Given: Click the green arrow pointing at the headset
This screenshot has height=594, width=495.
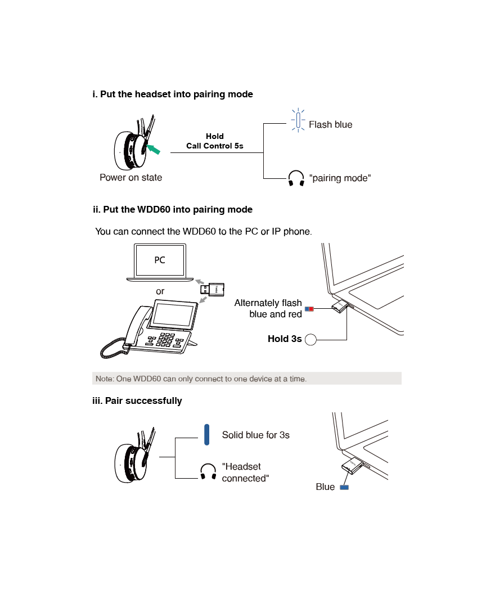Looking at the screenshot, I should tap(155, 149).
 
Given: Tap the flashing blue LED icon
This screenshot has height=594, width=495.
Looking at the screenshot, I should tap(298, 120).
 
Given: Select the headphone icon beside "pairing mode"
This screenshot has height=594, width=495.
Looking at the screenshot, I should tap(296, 179).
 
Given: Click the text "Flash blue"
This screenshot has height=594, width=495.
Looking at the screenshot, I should tap(331, 125).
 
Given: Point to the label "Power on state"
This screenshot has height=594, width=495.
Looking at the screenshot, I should tap(130, 178).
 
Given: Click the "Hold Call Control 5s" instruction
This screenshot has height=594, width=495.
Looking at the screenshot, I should tap(215, 141).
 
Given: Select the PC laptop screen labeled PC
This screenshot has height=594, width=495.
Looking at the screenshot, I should tap(160, 260).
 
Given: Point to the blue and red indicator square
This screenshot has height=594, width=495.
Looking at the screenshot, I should tap(309, 309).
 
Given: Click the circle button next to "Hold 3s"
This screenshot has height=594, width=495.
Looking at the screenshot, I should tap(310, 339).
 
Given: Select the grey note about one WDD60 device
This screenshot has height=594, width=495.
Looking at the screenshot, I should tap(247, 379).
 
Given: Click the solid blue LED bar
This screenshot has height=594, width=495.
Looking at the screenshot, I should tap(207, 435).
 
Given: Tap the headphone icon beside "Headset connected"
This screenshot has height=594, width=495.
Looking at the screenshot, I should tap(208, 472).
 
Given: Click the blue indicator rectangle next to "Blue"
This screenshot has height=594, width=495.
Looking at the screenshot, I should tap(344, 487).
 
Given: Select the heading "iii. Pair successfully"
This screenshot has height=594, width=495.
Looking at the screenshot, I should tap(137, 401).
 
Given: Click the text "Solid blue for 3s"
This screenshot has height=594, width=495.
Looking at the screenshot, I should tap(255, 435).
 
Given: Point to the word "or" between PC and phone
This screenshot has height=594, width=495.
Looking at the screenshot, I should tap(160, 291).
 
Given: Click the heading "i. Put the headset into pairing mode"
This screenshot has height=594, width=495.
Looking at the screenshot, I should tap(173, 94).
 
